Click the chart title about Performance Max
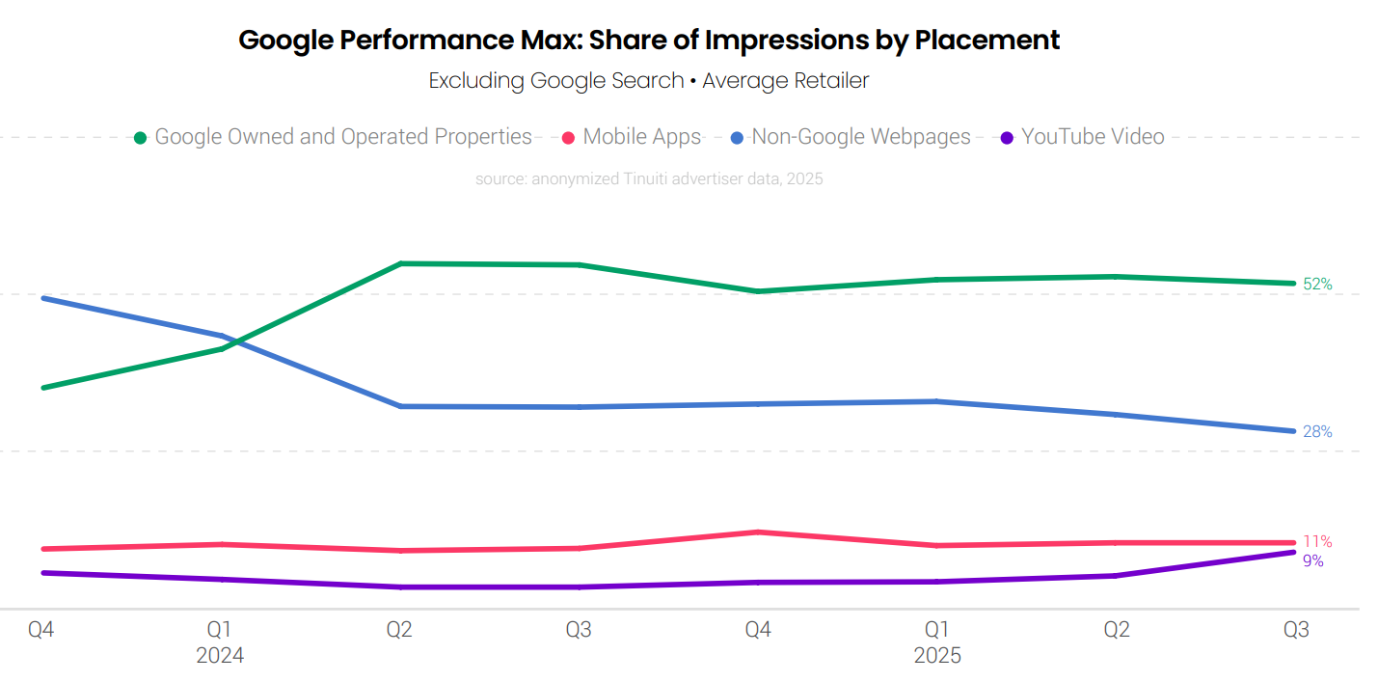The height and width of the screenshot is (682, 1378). coord(649,41)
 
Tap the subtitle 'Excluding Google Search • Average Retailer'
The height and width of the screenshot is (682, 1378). coord(649,81)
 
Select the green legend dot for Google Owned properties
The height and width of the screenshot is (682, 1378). coord(141,138)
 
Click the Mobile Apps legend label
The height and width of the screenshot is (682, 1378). coord(641,137)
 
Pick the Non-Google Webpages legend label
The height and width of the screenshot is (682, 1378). coord(860,137)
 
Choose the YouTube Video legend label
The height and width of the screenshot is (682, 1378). coord(1093,137)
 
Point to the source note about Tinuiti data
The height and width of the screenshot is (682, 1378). coord(649,178)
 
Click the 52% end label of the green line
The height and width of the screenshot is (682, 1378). coord(1317,285)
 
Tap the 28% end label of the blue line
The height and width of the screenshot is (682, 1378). coord(1317,432)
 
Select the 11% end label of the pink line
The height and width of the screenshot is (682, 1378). coord(1317,542)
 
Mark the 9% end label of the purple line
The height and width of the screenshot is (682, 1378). coord(1312,561)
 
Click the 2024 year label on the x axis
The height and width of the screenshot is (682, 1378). coord(220,656)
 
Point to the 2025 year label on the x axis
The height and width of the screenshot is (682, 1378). coord(937,656)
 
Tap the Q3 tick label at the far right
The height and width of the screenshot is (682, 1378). coord(1296,631)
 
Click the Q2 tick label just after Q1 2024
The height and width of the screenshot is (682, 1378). coord(399,631)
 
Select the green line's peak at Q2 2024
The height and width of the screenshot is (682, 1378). coord(400,263)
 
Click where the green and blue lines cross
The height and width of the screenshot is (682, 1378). coord(230,341)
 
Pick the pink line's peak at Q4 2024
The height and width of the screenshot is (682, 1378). coord(759,532)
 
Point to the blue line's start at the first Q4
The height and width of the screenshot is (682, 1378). coord(42,298)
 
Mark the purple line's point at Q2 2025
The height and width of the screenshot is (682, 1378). coord(1117,576)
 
